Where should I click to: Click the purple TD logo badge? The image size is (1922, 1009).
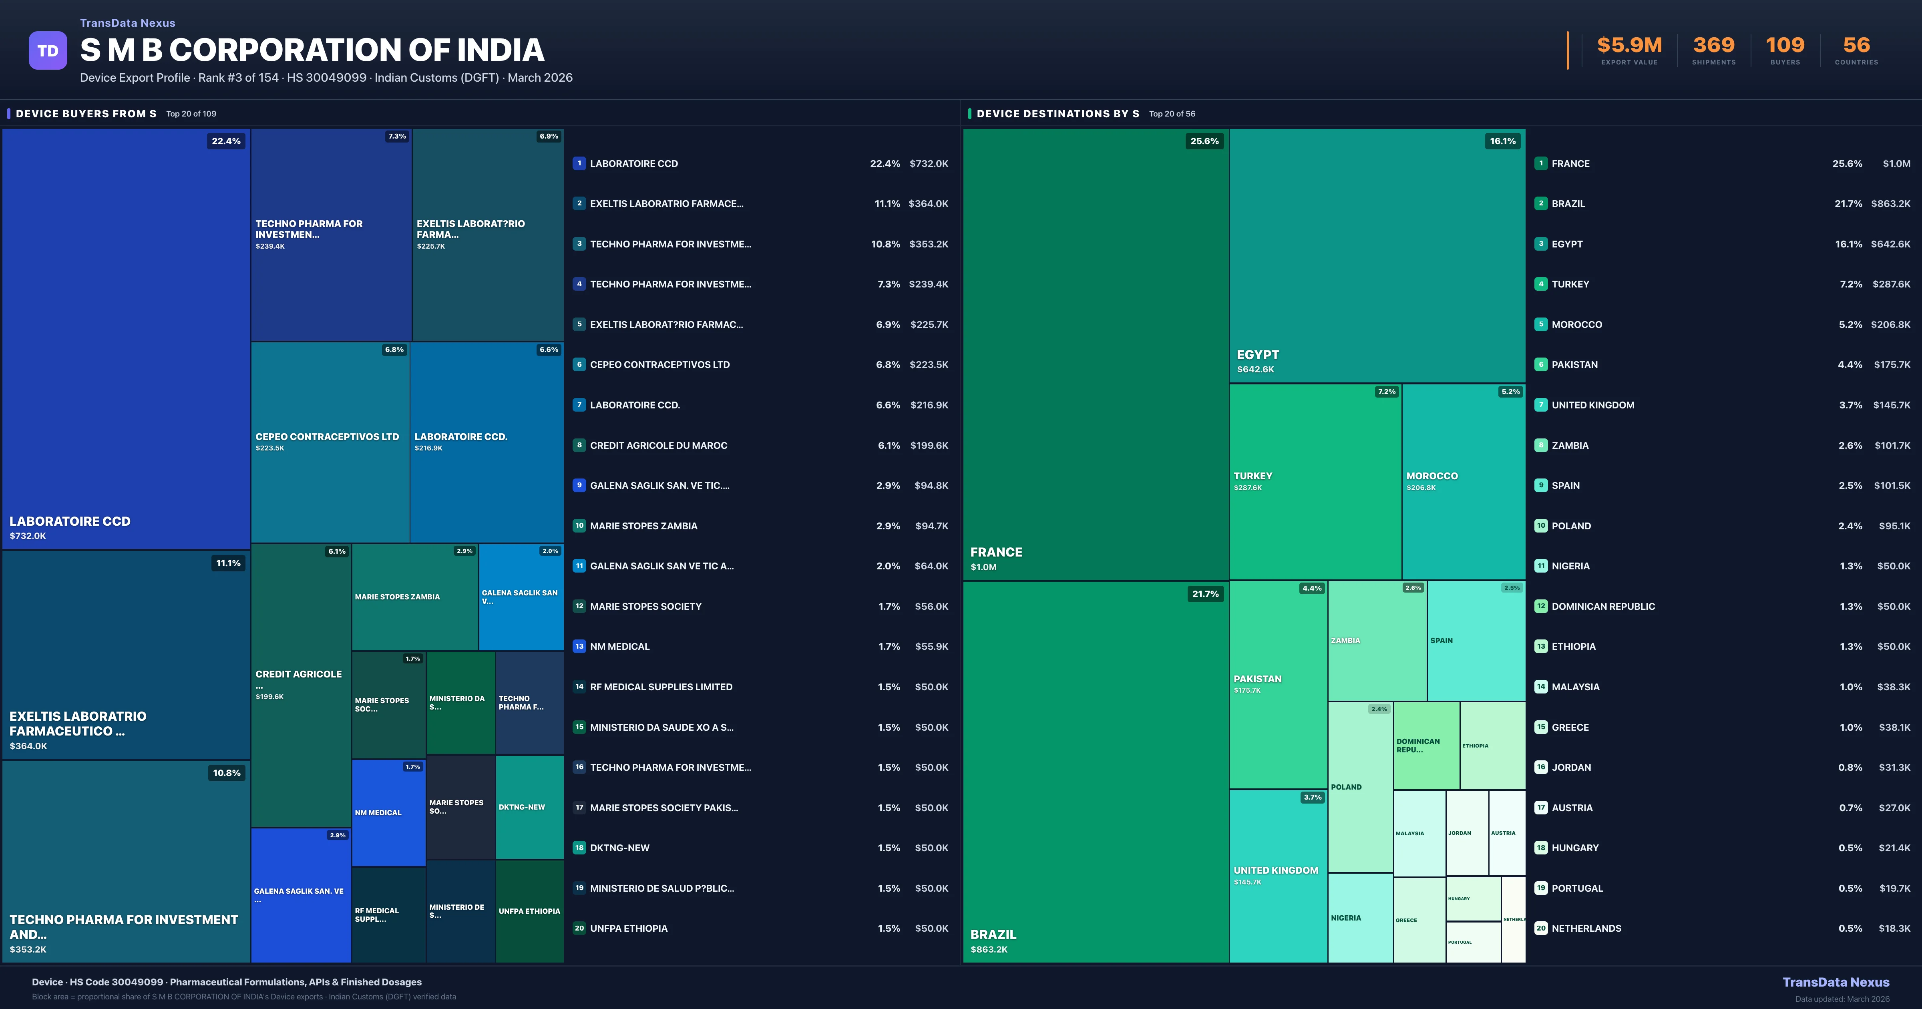pos(48,51)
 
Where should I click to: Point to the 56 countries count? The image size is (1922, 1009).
pos(1856,46)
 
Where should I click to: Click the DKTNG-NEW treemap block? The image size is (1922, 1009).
pos(529,808)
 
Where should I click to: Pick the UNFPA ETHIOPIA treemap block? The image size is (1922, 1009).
pos(529,911)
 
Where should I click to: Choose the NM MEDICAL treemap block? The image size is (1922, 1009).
pos(388,813)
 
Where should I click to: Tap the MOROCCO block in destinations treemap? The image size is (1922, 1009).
pos(1463,481)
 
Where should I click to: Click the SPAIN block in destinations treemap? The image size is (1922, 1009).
pos(1475,640)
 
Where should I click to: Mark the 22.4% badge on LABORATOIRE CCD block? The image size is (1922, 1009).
pos(226,141)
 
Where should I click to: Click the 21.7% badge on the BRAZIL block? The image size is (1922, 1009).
pos(1205,594)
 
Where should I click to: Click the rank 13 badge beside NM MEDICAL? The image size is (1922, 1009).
pos(579,646)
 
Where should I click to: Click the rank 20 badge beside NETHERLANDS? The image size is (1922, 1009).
pos(1541,929)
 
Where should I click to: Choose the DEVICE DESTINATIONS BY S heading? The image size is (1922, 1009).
pos(1057,113)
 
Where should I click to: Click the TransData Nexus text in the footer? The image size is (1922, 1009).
pos(1836,982)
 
